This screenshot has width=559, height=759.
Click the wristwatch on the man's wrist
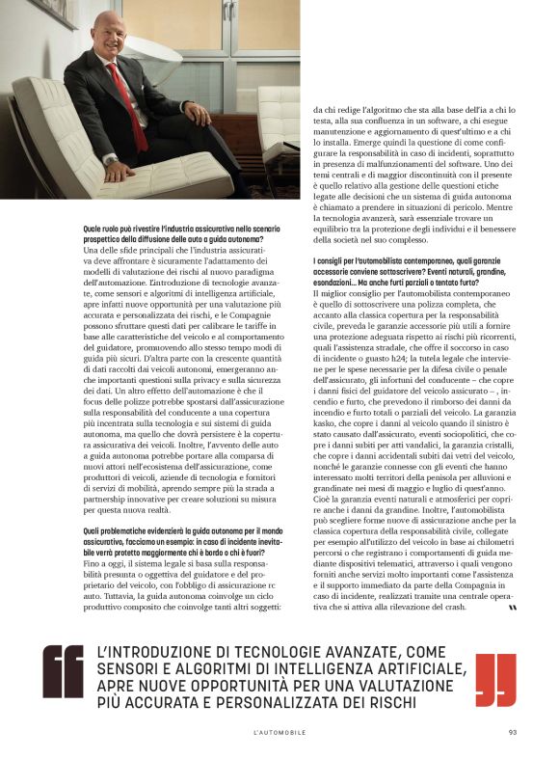[112, 159]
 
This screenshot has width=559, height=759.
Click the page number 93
[514, 732]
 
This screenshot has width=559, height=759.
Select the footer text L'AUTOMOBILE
[279, 732]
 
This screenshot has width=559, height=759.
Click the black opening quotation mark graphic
[63, 670]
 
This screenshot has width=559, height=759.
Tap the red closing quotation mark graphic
[495, 670]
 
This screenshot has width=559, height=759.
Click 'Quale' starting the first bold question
[95, 228]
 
